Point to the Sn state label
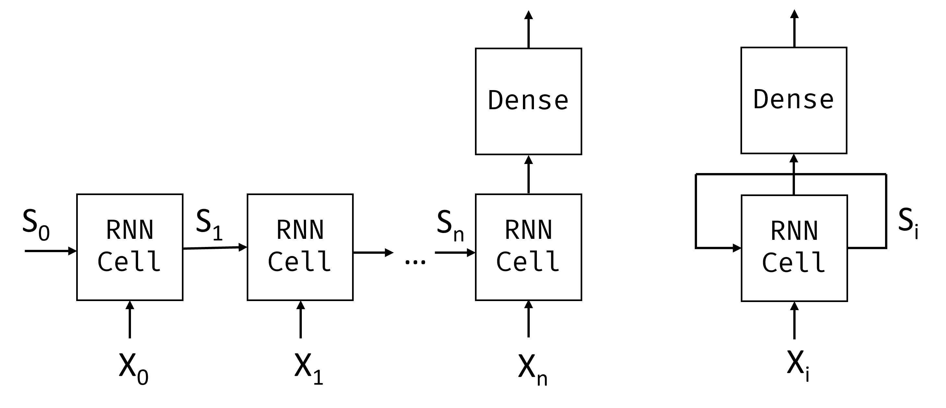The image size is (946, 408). tap(450, 225)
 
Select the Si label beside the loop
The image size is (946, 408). tap(908, 222)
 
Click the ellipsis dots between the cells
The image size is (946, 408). tap(415, 262)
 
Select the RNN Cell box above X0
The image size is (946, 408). tap(130, 247)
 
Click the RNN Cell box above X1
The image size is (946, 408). tap(300, 247)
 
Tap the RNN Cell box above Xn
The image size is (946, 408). tap(528, 247)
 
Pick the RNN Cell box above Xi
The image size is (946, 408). tap(794, 248)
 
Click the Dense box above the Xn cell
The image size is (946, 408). tap(528, 101)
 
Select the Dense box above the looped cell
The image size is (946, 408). tap(794, 100)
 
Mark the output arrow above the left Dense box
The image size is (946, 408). tap(528, 29)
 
